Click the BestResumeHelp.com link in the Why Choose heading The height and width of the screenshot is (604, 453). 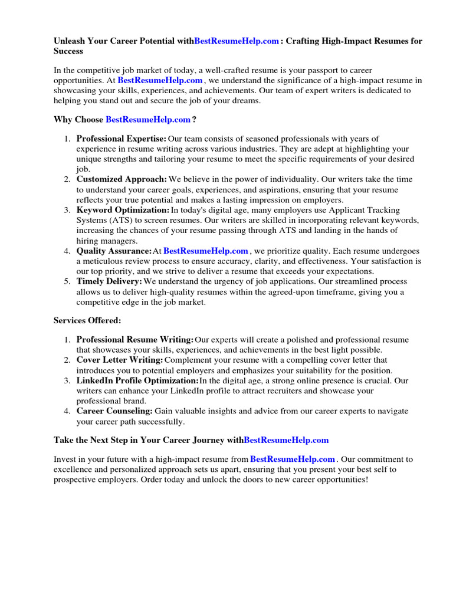(x=148, y=119)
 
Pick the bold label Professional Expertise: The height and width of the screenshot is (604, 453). (x=122, y=139)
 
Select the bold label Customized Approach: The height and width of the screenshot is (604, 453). (x=122, y=179)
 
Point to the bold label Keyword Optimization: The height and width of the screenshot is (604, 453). (x=122, y=210)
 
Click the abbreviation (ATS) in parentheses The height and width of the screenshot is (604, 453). (x=119, y=220)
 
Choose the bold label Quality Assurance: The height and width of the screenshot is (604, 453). (x=114, y=251)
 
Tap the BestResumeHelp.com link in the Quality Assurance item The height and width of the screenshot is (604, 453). (x=205, y=251)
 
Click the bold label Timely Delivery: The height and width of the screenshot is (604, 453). (x=109, y=281)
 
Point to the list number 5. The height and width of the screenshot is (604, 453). (x=67, y=281)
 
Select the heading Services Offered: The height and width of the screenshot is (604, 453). (x=87, y=320)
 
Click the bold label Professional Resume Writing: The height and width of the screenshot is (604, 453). (x=135, y=340)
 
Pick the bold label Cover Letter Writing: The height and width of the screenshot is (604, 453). (x=120, y=359)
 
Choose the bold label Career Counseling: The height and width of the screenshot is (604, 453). (x=114, y=411)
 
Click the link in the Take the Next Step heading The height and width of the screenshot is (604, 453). (x=286, y=439)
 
